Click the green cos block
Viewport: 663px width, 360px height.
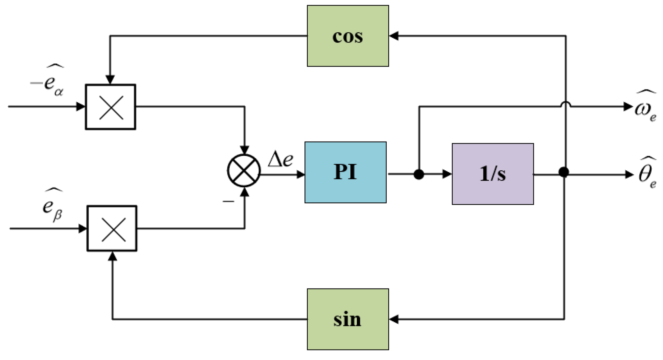pyautogui.click(x=348, y=36)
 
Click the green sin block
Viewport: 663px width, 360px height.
pyautogui.click(x=348, y=319)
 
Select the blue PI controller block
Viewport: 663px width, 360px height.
pyautogui.click(x=345, y=172)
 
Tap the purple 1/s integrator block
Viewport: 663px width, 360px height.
pyautogui.click(x=493, y=174)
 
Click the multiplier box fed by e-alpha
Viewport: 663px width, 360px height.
pyautogui.click(x=110, y=107)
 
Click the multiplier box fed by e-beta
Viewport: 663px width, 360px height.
pyautogui.click(x=112, y=229)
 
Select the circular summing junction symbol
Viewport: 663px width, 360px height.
pyautogui.click(x=244, y=171)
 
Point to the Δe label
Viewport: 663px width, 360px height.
pyautogui.click(x=281, y=160)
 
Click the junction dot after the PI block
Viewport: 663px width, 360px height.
pyautogui.click(x=419, y=174)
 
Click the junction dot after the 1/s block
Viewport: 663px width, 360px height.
pyautogui.click(x=564, y=172)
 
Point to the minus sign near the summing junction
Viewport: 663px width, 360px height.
pyautogui.click(x=228, y=201)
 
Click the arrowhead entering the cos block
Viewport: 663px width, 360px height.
pyautogui.click(x=394, y=36)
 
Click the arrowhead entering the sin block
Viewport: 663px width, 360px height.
pyautogui.click(x=394, y=319)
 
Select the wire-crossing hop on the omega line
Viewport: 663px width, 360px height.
pyautogui.click(x=565, y=104)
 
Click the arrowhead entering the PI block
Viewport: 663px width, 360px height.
pyautogui.click(x=301, y=174)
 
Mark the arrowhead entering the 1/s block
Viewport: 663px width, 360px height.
pyautogui.click(x=447, y=174)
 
